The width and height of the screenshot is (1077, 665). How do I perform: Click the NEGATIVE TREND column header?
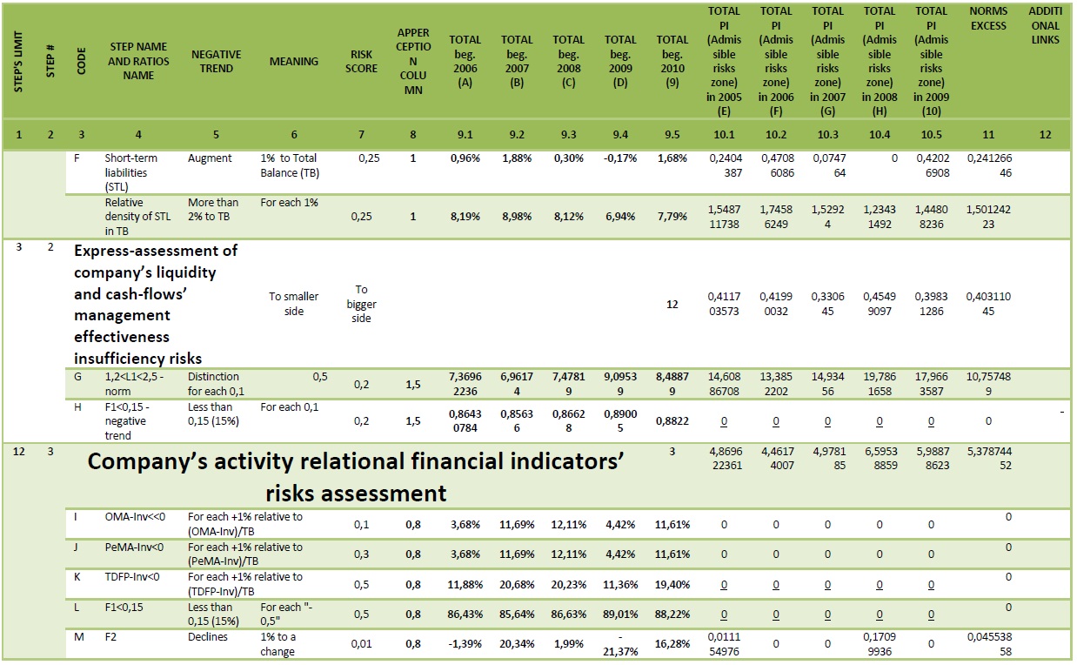216,61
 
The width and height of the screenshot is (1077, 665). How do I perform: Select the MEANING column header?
294,61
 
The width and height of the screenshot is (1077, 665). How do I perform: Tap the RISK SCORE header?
361,61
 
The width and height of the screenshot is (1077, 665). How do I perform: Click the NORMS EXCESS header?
988,17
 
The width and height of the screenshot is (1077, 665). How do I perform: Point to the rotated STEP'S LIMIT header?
18,61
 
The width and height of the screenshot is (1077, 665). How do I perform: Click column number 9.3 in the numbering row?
568,134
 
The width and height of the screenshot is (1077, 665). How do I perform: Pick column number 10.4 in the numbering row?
880,134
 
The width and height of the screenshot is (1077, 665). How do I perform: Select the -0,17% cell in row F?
620,158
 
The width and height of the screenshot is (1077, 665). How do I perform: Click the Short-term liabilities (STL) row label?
130,172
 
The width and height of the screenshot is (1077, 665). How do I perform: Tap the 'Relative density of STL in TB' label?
137,217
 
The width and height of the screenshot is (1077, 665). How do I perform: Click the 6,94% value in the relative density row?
620,217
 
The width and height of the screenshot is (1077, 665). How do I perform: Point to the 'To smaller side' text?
294,304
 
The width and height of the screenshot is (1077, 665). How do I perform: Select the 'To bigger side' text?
361,304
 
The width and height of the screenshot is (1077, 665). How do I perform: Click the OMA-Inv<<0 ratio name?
135,517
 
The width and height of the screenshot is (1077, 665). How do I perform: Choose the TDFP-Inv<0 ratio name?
131,576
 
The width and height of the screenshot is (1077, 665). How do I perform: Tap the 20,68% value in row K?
517,585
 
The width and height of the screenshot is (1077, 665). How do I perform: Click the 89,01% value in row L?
620,615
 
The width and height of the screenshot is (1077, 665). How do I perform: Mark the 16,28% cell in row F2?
672,644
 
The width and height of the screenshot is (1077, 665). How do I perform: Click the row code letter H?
77,407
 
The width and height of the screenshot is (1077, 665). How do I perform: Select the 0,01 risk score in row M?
361,644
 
